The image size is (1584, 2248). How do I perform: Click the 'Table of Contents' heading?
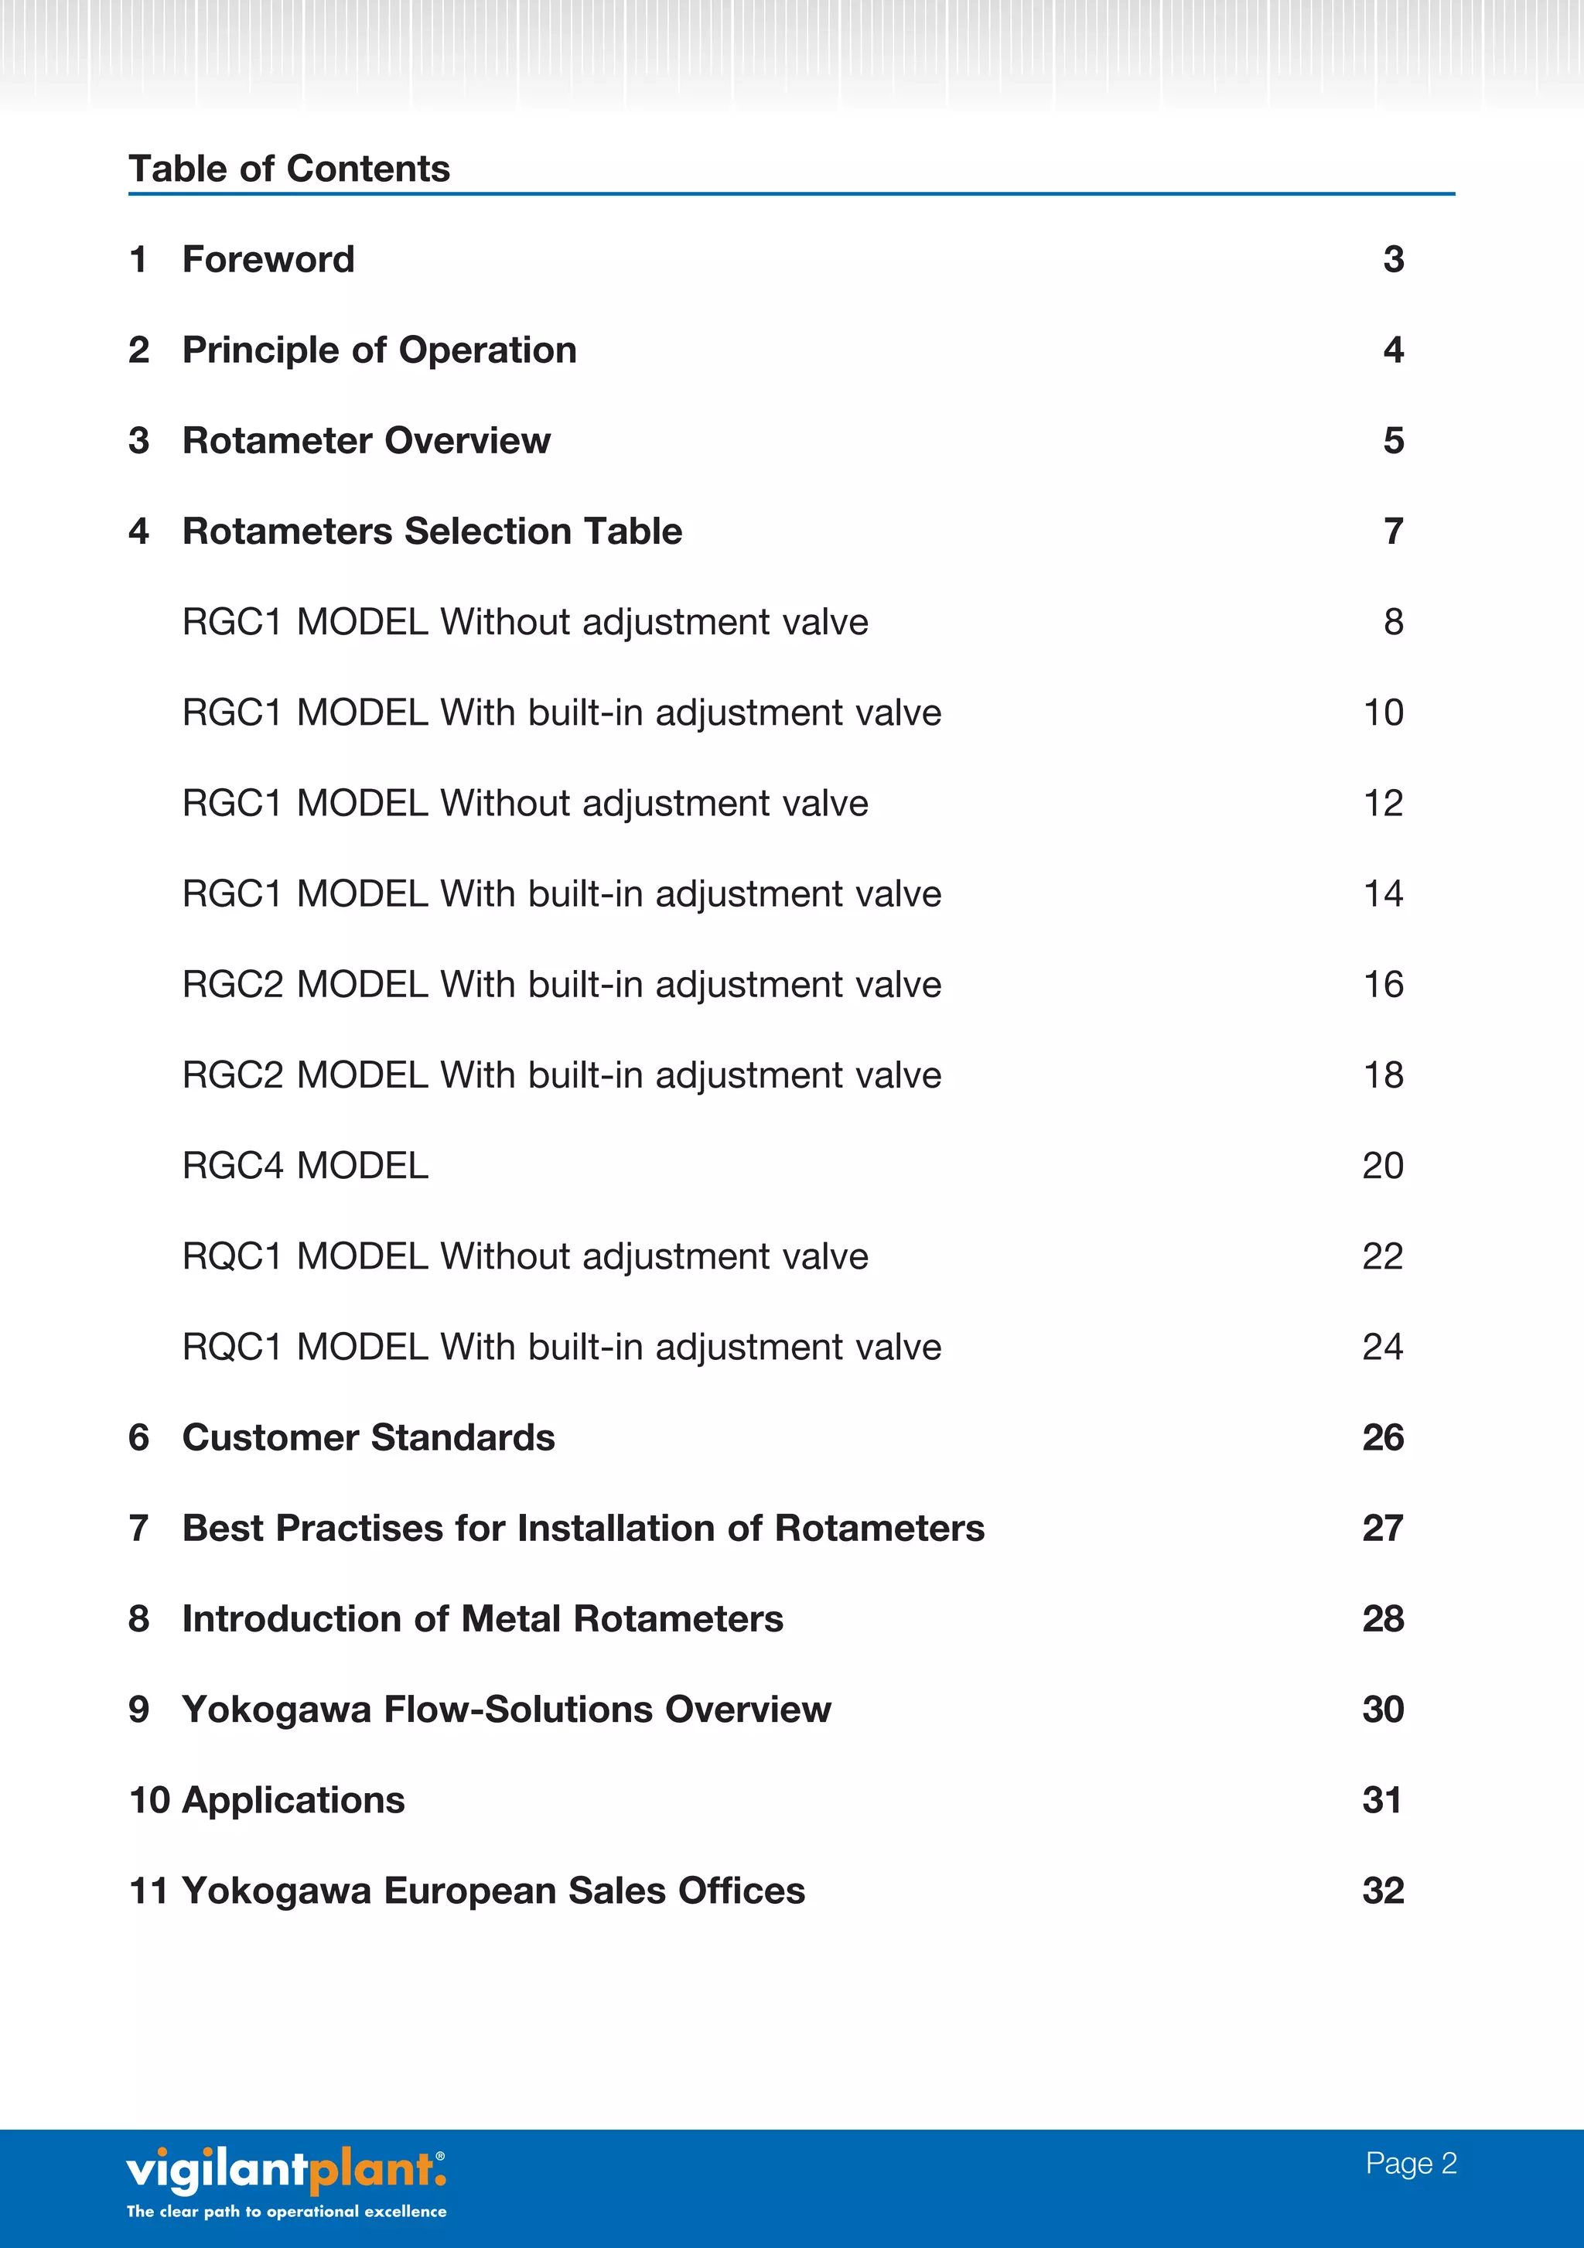(288, 169)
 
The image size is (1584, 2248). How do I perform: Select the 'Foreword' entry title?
(268, 259)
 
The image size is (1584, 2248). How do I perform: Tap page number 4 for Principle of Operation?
(1393, 350)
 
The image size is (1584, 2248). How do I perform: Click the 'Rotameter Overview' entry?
(366, 441)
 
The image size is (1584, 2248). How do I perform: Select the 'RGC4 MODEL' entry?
(306, 1166)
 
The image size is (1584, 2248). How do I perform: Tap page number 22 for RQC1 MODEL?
(1382, 1256)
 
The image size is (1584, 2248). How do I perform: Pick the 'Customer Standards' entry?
(368, 1437)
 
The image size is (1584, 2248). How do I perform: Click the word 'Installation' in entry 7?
(615, 1529)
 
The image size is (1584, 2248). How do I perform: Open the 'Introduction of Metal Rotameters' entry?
(483, 1618)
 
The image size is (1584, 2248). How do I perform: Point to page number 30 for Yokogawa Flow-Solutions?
(1382, 1710)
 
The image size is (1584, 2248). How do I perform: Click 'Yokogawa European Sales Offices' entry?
(493, 1891)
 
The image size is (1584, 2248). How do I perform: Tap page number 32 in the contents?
(1382, 1891)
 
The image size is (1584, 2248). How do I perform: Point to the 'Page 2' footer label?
(1411, 2163)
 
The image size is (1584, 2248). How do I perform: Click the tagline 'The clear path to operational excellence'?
(286, 2211)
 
